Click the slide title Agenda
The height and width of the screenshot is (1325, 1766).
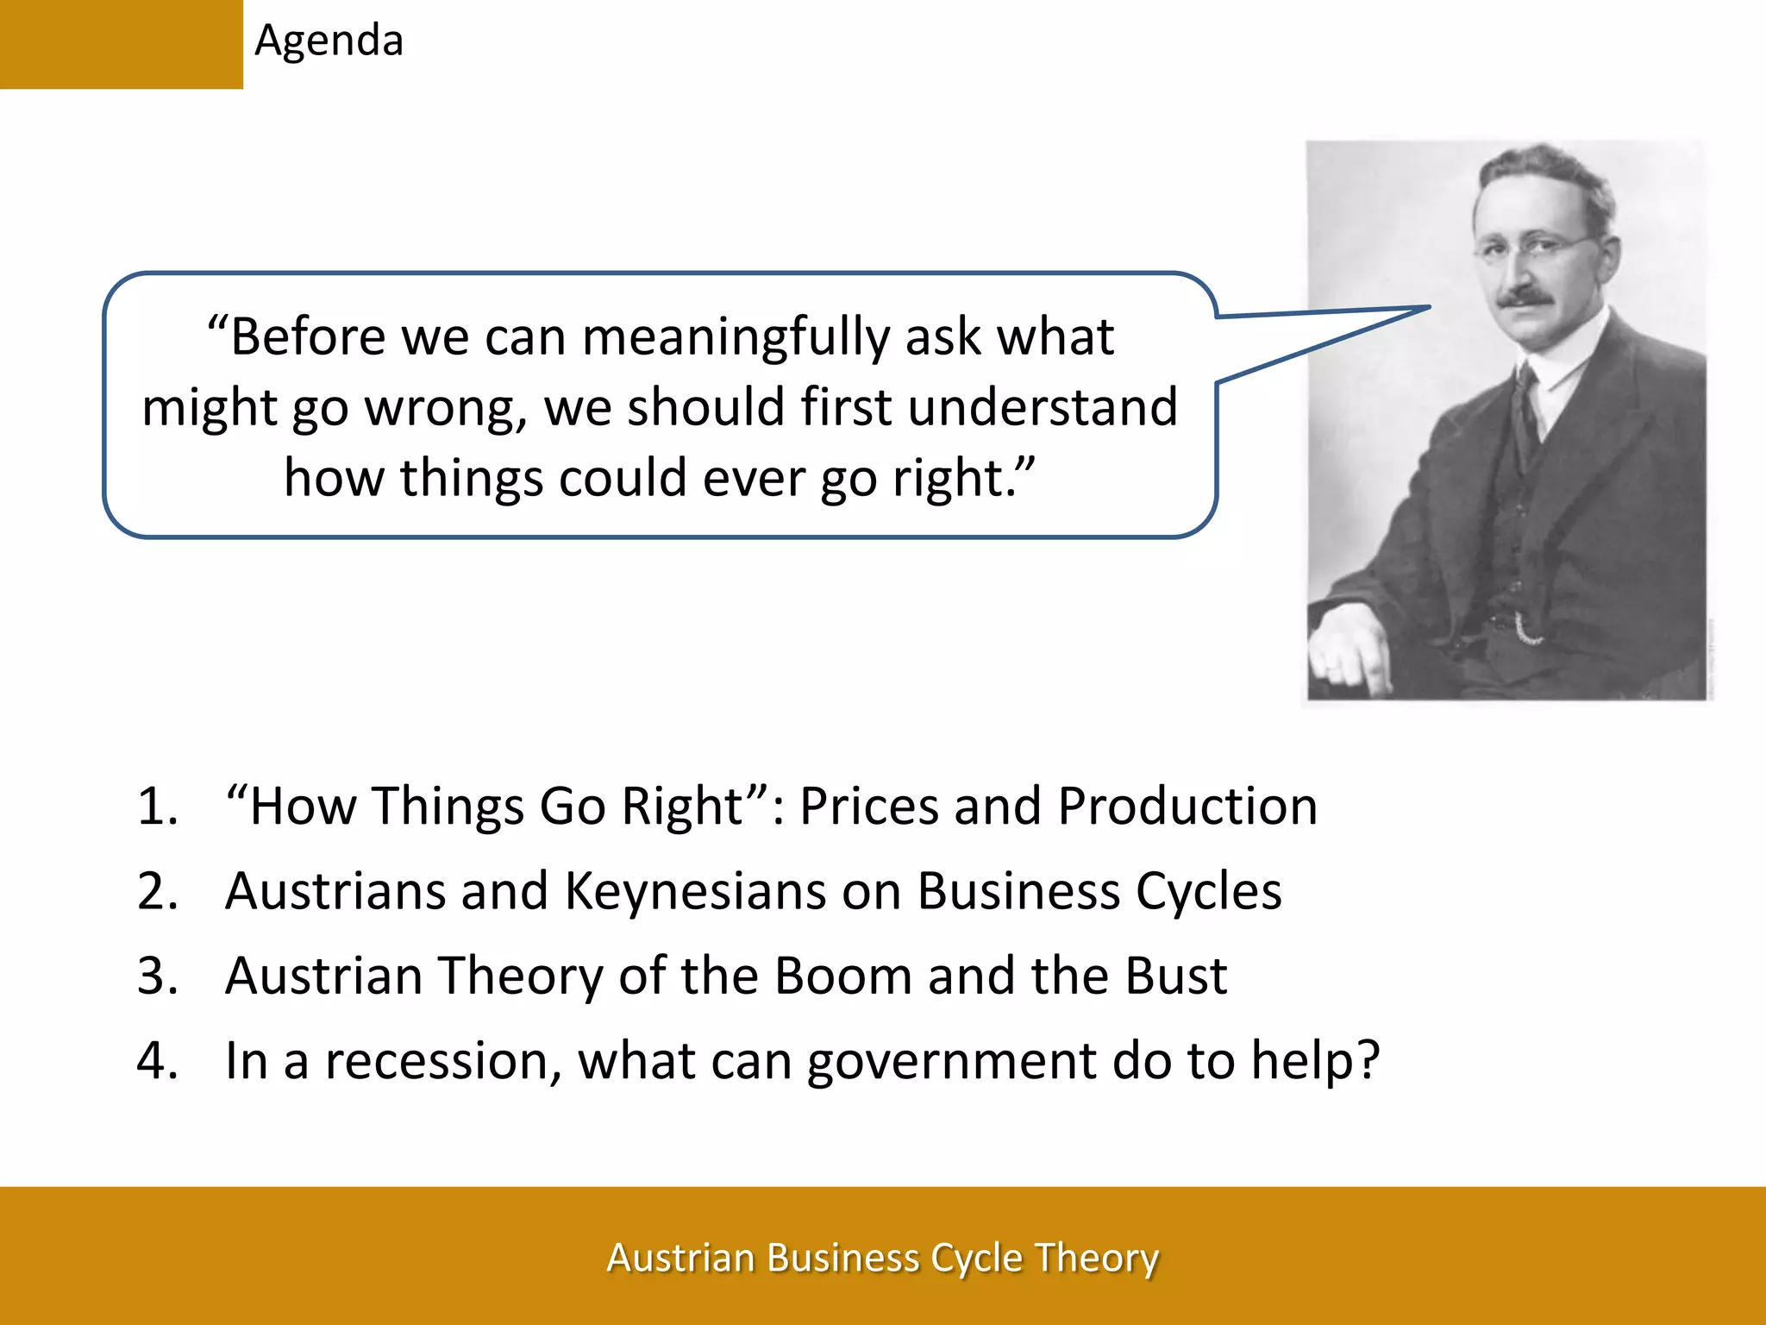point(329,41)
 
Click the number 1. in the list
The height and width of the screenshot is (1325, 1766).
point(158,807)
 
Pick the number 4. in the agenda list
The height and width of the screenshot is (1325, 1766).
point(158,1060)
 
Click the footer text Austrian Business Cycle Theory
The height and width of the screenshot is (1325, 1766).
point(882,1258)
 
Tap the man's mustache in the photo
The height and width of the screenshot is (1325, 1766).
point(1525,298)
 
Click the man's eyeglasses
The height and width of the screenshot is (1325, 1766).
point(1531,248)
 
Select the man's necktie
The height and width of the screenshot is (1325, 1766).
point(1527,414)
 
